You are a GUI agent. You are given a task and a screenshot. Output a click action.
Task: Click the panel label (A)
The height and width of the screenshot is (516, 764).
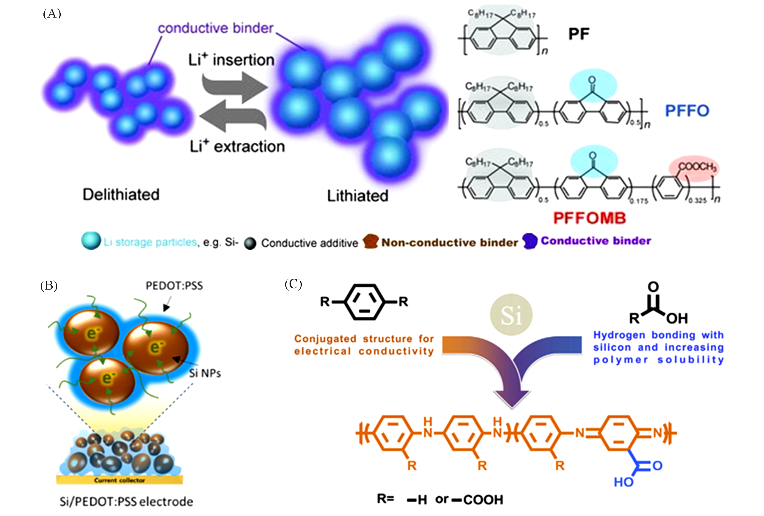click(52, 14)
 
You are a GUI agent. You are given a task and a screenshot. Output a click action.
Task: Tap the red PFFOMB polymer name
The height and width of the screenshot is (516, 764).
click(589, 218)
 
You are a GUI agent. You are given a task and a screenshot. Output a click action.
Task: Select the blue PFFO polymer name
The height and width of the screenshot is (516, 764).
click(687, 111)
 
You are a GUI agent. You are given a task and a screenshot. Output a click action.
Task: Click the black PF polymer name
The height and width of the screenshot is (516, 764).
click(579, 34)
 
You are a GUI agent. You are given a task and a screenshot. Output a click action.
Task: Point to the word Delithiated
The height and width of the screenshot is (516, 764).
click(121, 195)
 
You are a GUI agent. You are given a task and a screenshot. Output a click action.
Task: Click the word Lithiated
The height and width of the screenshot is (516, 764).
click(357, 196)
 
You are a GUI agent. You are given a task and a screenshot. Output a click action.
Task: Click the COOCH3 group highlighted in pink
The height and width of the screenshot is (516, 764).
click(697, 167)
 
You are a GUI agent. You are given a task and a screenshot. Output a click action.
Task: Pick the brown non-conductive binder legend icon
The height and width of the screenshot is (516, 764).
click(371, 242)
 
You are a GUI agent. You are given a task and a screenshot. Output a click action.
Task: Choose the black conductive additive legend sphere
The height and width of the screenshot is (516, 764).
click(250, 243)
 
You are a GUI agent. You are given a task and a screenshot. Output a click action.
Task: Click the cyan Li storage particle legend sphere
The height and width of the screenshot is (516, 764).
click(91, 241)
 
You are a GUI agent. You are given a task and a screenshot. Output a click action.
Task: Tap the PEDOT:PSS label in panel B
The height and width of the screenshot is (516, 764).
click(174, 285)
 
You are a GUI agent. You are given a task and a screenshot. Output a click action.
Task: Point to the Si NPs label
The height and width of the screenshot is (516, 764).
click(205, 373)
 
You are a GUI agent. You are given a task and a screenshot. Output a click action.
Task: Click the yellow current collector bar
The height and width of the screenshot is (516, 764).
click(119, 480)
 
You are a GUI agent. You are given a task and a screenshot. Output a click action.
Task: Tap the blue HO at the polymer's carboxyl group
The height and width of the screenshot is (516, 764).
click(624, 482)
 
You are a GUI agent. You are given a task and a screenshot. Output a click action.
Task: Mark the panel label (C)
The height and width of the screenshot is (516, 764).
click(293, 284)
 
